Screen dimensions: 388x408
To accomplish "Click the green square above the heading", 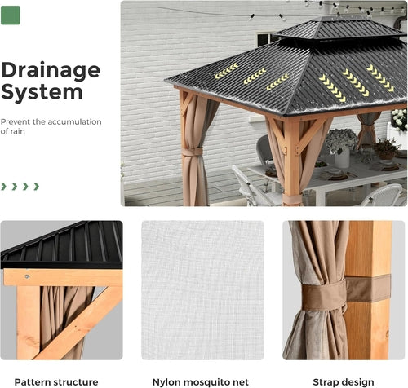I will click(11, 15).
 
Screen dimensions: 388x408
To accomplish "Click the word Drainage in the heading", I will click(51, 69).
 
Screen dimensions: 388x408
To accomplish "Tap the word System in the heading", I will click(42, 92).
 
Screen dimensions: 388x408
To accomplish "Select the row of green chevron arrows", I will click(20, 186).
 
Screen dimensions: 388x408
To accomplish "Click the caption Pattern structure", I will click(56, 381).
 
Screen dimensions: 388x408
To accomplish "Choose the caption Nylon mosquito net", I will click(202, 381).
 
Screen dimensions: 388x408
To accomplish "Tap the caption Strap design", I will click(343, 381).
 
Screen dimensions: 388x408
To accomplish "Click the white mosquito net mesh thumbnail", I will click(202, 289).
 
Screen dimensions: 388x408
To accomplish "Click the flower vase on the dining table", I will click(341, 155).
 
